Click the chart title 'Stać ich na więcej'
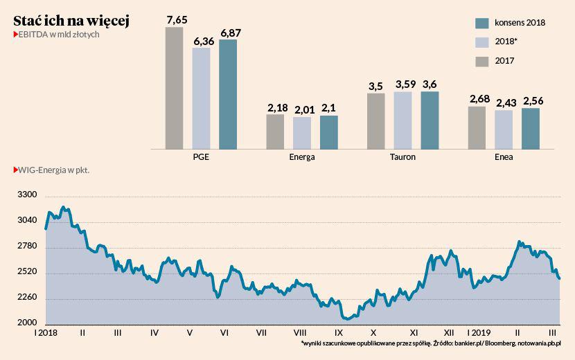point(71,20)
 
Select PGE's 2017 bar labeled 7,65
point(174,88)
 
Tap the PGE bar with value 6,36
point(201,98)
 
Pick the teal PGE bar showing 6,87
point(228,94)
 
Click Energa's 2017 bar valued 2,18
point(275,132)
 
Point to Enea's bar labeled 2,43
point(504,129)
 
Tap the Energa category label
point(302,157)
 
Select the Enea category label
point(504,157)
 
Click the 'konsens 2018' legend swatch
point(483,22)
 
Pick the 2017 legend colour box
point(483,61)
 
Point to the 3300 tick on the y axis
point(27,196)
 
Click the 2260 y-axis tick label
point(27,298)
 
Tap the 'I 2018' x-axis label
point(46,333)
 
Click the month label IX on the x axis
point(338,333)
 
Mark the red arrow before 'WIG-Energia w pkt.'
point(15,168)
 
